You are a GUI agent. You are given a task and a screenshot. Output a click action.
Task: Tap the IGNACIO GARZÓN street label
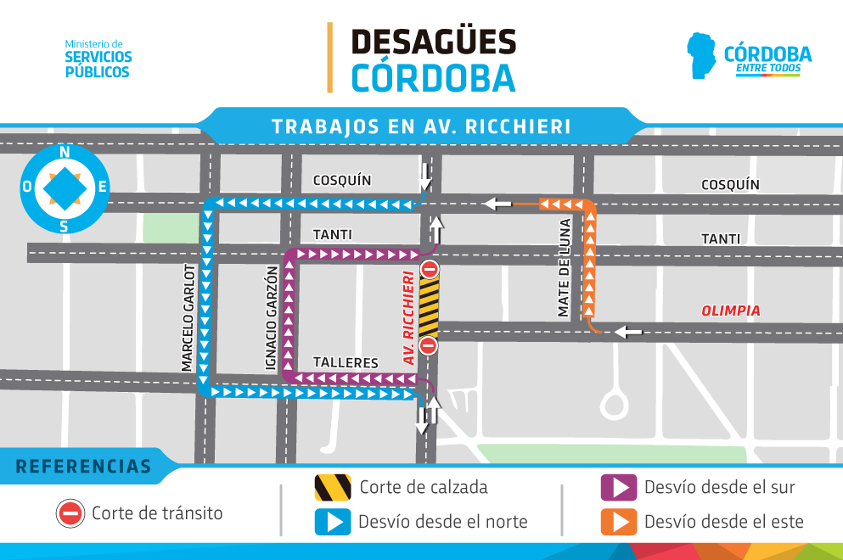pos(271,319)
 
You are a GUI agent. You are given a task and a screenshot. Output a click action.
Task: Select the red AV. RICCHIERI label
pos(409,317)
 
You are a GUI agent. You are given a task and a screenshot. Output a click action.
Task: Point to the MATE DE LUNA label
pos(565,268)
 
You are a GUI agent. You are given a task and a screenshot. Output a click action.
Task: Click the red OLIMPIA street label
pos(730,311)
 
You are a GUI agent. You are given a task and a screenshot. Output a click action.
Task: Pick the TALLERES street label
pos(346,362)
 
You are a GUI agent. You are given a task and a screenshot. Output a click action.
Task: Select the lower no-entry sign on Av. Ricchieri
pos(429,344)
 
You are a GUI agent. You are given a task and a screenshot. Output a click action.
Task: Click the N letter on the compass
pos(65,153)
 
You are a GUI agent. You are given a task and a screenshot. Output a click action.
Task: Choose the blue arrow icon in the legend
pos(332,522)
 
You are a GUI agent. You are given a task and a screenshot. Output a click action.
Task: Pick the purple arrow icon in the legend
pos(618,488)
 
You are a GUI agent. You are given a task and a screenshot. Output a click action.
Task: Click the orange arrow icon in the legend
pos(618,522)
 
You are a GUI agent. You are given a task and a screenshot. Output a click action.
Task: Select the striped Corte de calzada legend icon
pos(332,488)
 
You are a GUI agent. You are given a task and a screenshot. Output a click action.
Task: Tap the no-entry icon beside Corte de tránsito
pos(70,513)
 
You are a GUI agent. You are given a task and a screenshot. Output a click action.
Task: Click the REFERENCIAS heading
pos(83,467)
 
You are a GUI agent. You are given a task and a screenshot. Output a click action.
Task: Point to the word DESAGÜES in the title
pos(433,41)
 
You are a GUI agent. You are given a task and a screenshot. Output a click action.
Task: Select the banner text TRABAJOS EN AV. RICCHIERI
pos(421,126)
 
